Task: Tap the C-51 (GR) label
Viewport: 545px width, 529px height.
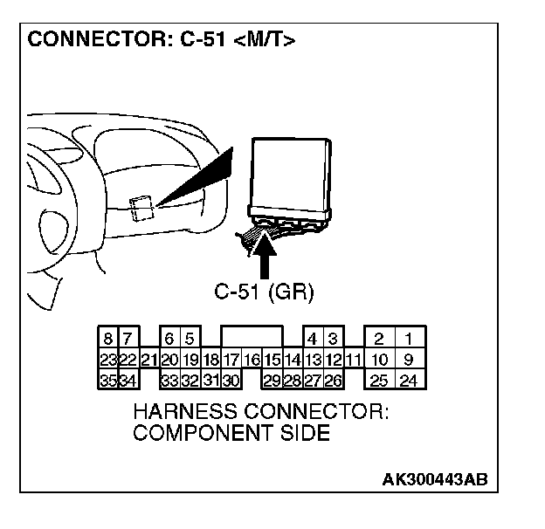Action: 265,292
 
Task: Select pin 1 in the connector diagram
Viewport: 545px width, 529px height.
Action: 408,338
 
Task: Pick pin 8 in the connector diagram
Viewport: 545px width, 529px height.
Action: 108,338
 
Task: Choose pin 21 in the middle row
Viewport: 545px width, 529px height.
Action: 148,359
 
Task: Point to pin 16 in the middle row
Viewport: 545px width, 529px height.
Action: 252,359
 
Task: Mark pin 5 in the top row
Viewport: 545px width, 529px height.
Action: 189,338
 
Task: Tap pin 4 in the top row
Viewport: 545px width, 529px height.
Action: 312,338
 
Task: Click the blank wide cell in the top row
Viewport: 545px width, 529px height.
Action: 252,337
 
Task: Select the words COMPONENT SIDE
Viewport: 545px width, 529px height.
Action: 231,433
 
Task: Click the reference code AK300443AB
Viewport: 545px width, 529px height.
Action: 434,479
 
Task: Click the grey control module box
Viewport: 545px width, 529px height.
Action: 291,174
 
